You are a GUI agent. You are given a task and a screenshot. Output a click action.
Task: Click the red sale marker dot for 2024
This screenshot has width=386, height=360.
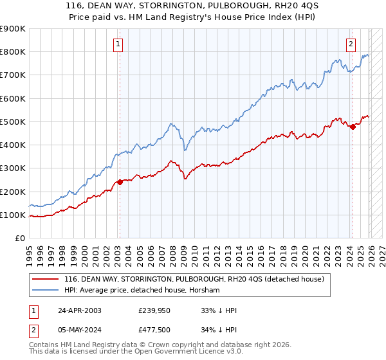(x=352, y=127)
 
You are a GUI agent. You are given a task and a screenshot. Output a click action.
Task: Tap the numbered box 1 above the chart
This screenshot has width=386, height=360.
(x=119, y=44)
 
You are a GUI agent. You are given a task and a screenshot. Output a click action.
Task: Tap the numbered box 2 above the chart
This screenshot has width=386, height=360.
(x=351, y=44)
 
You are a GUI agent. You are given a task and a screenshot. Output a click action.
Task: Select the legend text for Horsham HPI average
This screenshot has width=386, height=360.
(x=142, y=291)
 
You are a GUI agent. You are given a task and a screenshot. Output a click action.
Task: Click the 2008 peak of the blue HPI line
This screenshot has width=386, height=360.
(x=171, y=123)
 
